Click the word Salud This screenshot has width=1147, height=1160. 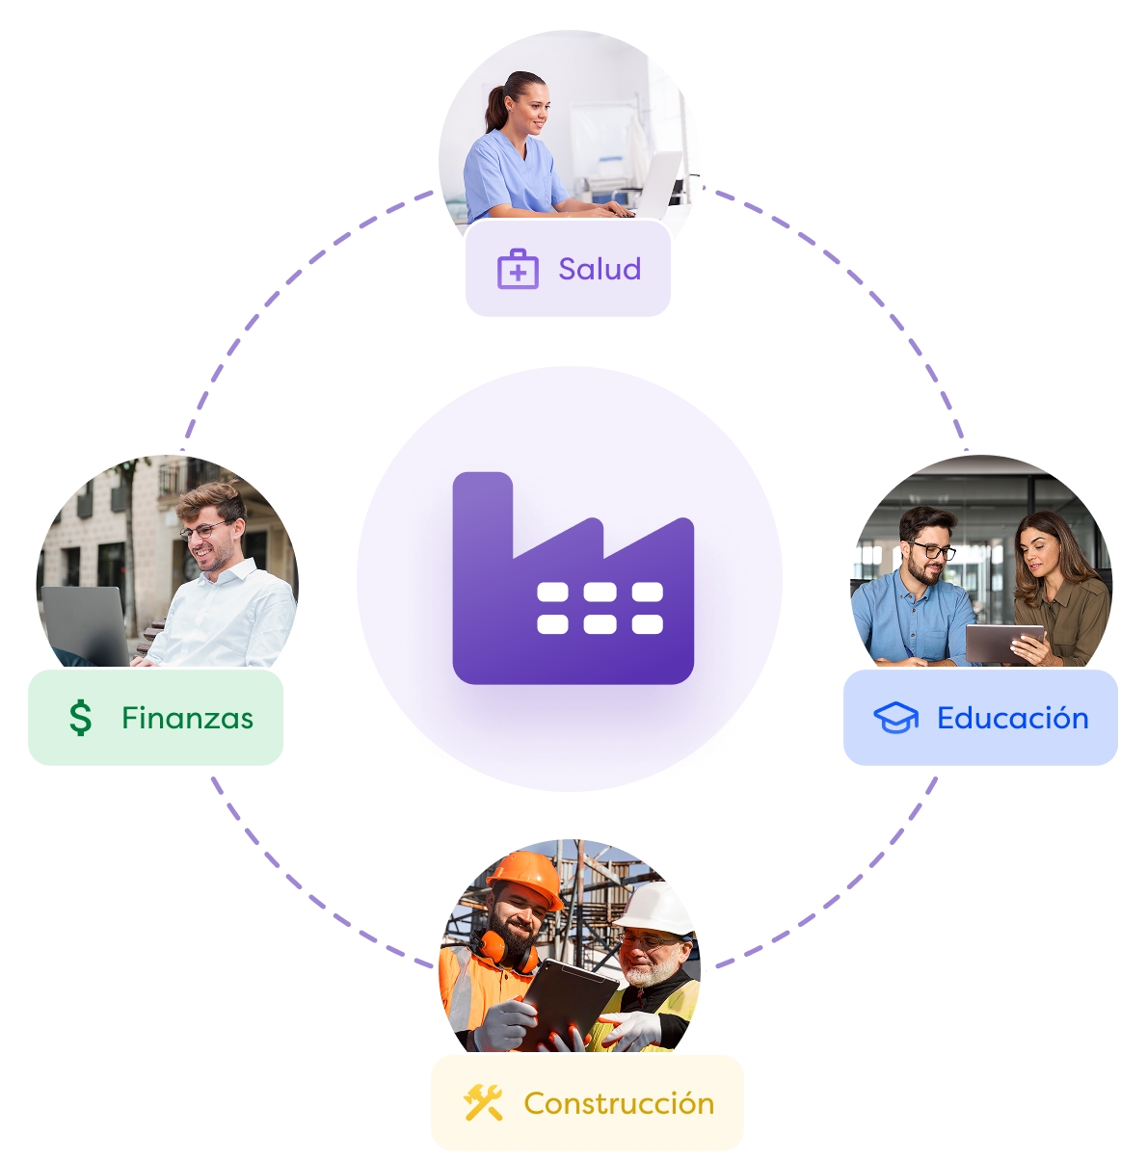tap(600, 269)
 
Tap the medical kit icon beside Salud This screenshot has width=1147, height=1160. tap(518, 270)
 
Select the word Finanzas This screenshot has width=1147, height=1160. tap(187, 719)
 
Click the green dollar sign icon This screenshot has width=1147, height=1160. tap(81, 719)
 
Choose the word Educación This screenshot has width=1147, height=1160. tap(1012, 719)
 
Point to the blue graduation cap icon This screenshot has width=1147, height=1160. tap(895, 718)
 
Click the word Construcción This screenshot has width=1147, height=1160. tap(619, 1103)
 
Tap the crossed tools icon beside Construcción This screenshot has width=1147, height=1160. tap(483, 1103)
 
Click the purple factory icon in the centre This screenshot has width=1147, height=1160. tap(573, 578)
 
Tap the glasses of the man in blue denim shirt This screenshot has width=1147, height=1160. tap(931, 551)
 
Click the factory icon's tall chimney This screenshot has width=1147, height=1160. tap(482, 511)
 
